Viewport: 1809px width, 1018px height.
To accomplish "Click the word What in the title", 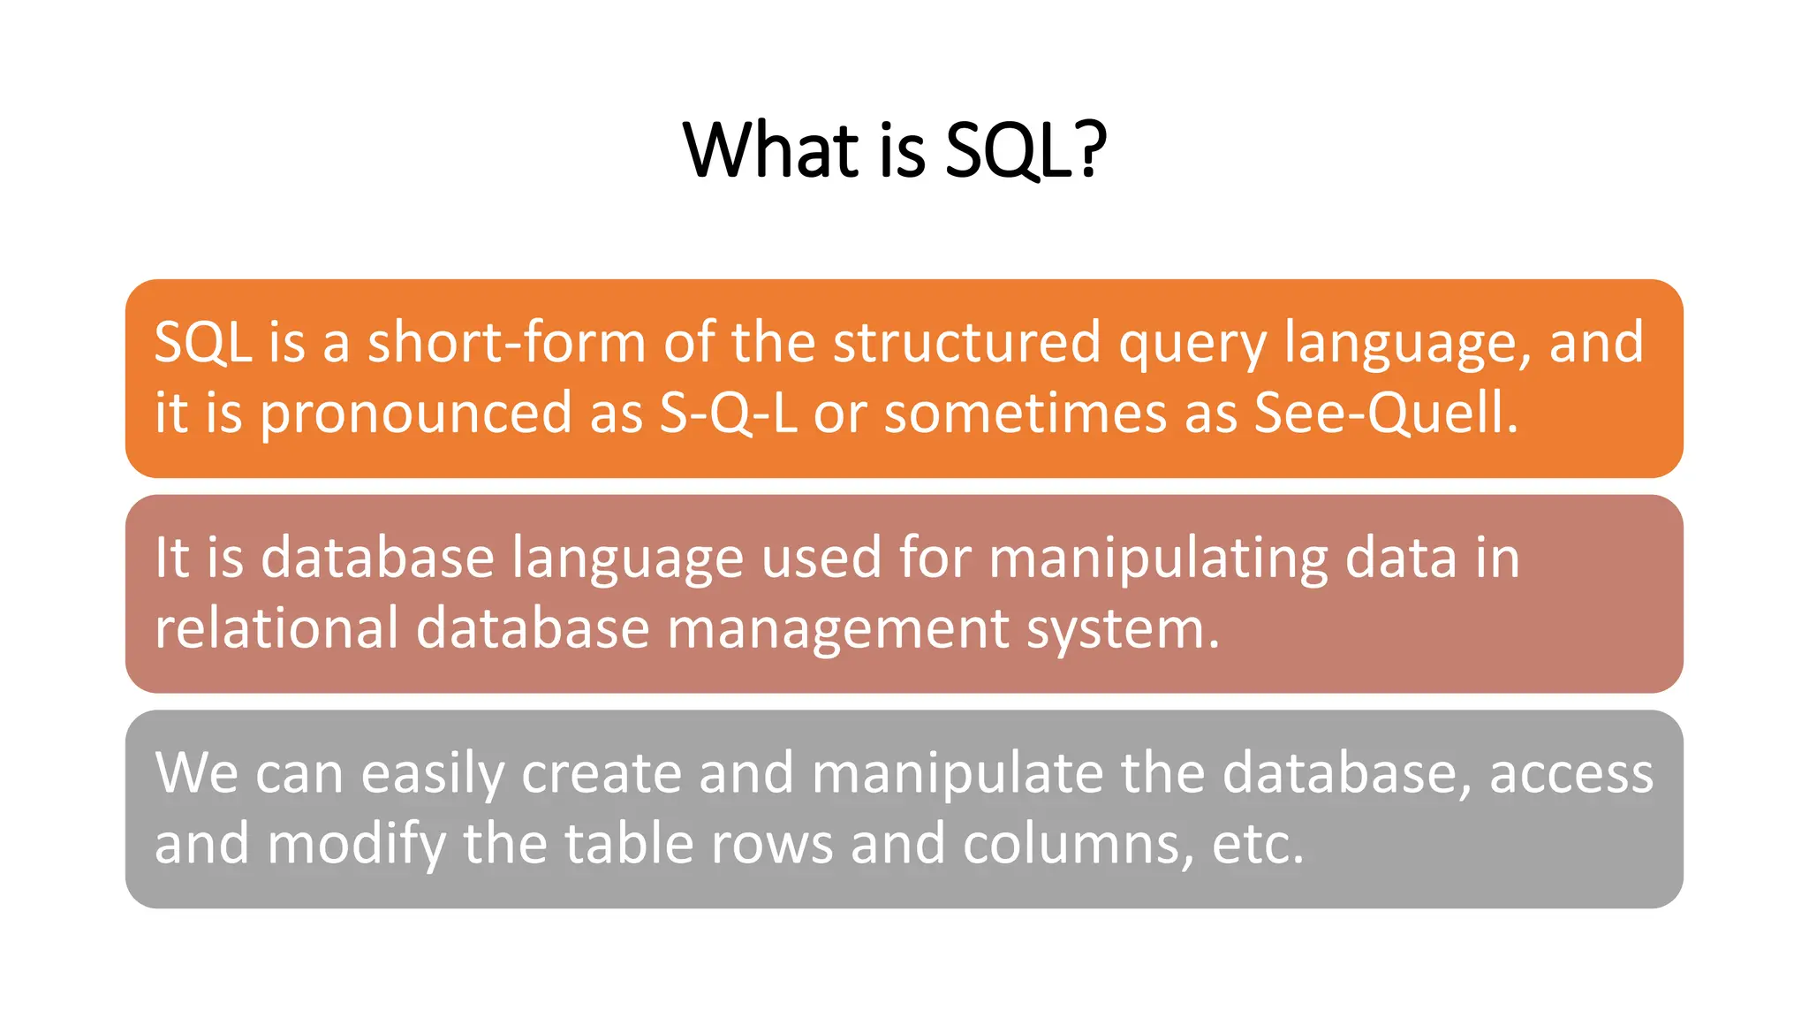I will (x=771, y=150).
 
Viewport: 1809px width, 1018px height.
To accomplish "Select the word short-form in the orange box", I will (x=506, y=343).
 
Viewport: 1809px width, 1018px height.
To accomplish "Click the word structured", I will (x=966, y=343).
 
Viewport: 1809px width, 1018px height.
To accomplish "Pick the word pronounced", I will (x=415, y=414).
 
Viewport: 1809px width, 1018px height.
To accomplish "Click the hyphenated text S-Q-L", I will (x=728, y=414).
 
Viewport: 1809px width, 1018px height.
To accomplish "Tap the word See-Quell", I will (x=1385, y=414).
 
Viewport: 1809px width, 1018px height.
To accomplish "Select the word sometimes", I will (x=1025, y=414).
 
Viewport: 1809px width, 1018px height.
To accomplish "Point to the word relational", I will (x=276, y=629).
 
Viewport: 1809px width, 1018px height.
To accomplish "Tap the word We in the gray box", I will (x=196, y=773).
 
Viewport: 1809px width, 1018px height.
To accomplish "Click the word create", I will (x=601, y=773).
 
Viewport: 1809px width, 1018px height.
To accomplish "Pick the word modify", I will (x=356, y=845).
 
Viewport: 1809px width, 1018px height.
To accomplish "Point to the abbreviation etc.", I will (x=1256, y=845).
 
